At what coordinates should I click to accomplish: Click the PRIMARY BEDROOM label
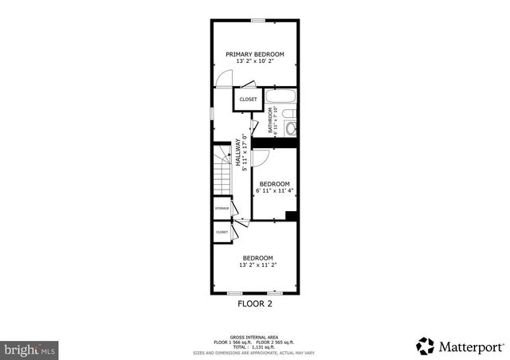[255, 54]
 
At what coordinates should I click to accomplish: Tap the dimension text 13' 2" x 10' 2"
[255, 61]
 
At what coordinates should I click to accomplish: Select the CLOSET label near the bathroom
[249, 100]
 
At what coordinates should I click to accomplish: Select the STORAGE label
[222, 209]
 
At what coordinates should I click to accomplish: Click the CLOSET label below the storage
[222, 232]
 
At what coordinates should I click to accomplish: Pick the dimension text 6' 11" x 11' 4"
[275, 191]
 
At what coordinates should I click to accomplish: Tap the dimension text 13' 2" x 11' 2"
[257, 264]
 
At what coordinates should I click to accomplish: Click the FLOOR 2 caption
[255, 303]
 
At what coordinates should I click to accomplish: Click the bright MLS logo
[29, 349]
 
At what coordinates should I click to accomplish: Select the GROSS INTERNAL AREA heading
[254, 335]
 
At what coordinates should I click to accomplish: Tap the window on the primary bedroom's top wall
[257, 20]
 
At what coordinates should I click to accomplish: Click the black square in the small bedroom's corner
[291, 216]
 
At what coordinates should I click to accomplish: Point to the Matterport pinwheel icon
[426, 346]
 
